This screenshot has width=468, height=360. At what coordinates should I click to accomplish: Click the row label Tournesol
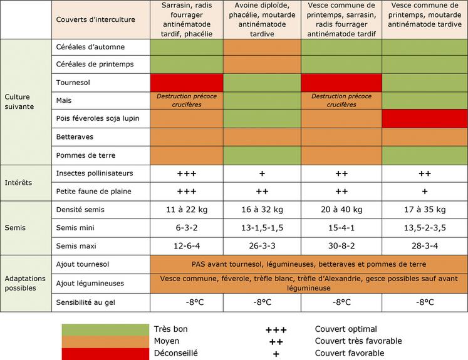[x=73, y=82]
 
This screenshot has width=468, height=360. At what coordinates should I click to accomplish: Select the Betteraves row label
[x=76, y=136]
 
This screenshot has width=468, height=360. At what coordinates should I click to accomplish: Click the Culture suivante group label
[x=21, y=101]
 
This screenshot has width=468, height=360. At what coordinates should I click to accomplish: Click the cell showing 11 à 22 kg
[x=187, y=208]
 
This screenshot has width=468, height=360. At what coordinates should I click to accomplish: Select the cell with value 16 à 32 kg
[x=263, y=208]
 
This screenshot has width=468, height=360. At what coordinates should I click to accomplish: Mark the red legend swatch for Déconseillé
[x=105, y=353]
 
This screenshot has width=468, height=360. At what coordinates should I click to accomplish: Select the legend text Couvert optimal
[x=346, y=329]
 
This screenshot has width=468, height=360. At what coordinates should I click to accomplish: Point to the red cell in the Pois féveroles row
[x=424, y=118]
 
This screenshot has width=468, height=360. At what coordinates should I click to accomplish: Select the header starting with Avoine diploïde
[x=263, y=19]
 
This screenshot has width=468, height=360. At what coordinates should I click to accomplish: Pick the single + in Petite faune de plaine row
[x=424, y=191]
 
